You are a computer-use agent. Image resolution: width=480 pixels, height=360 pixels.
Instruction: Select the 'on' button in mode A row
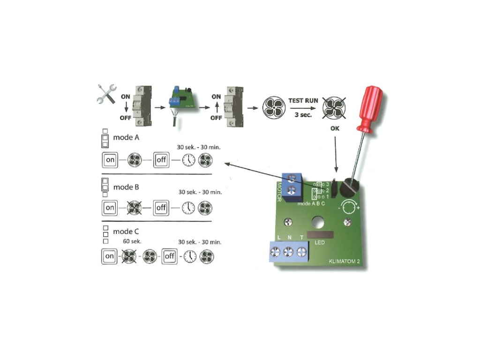coord(110,160)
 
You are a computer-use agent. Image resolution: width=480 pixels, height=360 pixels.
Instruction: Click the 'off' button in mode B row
coord(161,207)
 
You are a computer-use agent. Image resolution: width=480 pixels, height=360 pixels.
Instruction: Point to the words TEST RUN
coord(303,101)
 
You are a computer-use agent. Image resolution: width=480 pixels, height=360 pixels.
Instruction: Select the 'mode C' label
coord(126,232)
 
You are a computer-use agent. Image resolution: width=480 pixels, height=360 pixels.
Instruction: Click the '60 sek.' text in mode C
coord(132,241)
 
